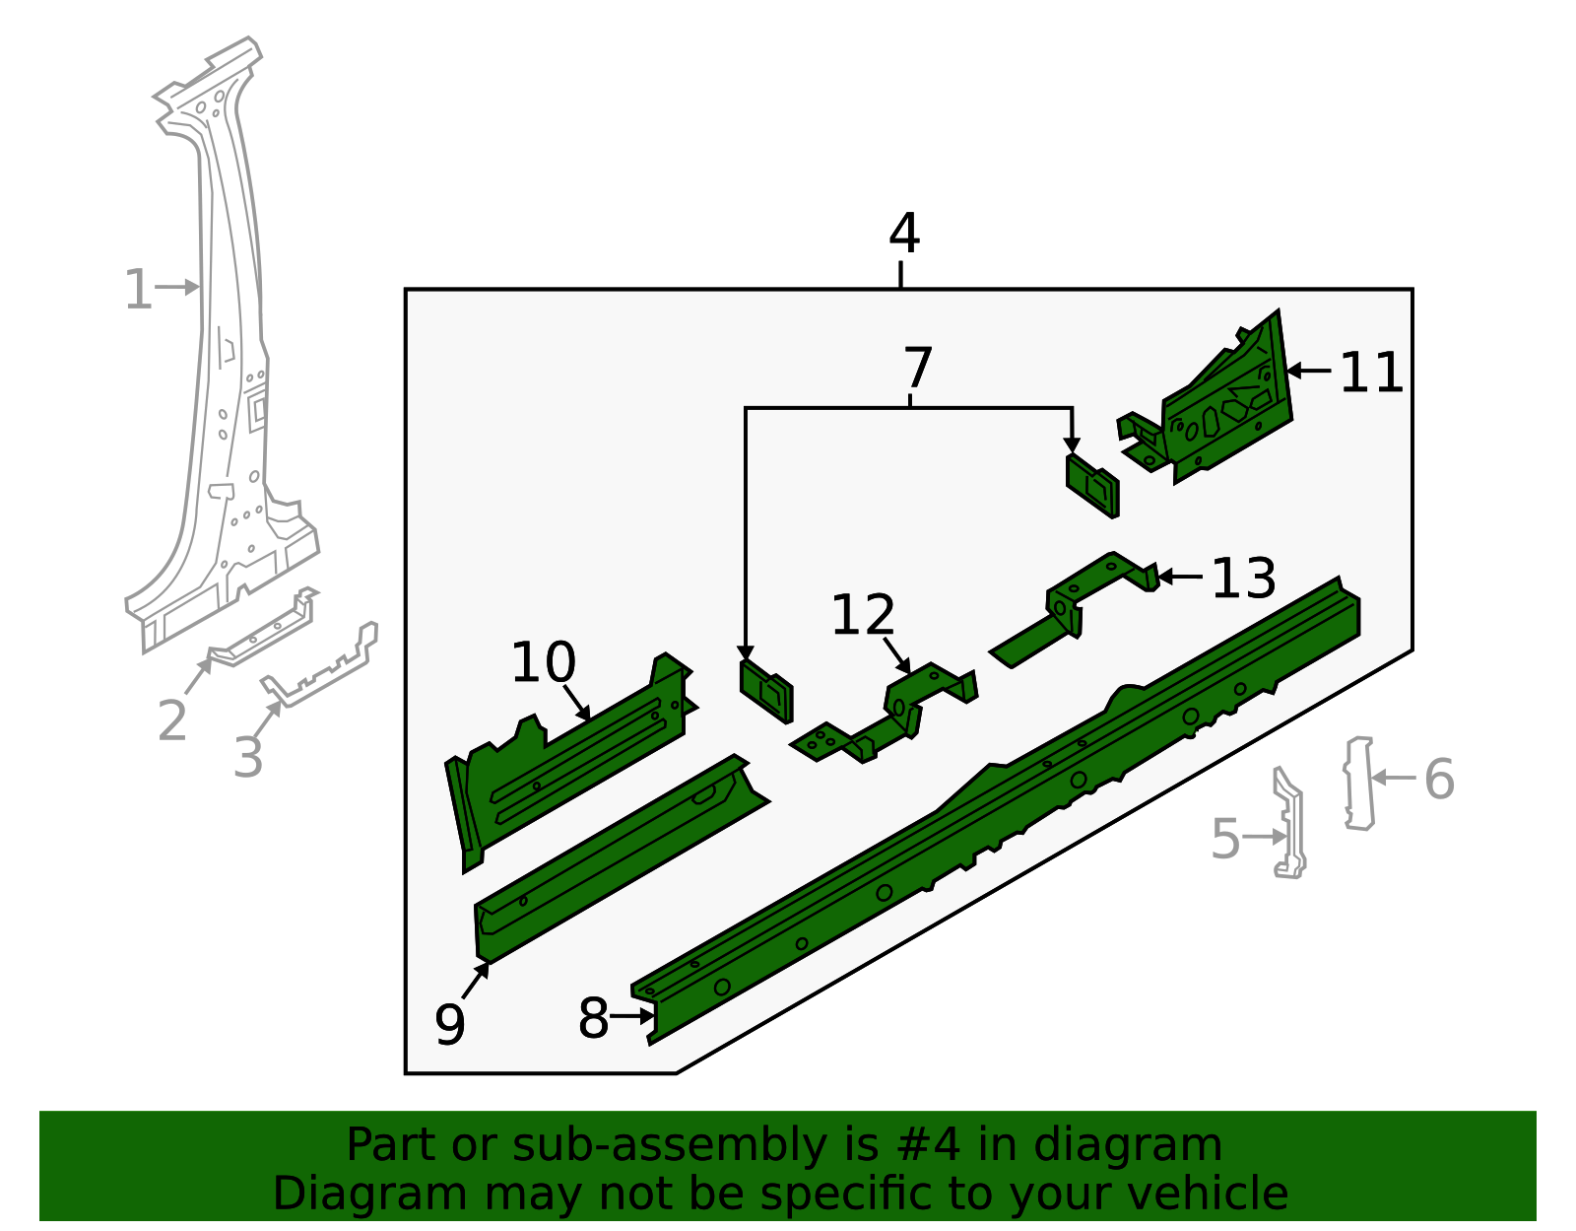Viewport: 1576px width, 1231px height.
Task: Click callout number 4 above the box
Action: [x=903, y=235]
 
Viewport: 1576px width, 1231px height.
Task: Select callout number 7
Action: [x=917, y=369]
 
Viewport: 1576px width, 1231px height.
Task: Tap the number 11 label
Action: [x=1371, y=374]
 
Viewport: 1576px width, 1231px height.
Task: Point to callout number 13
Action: [x=1243, y=579]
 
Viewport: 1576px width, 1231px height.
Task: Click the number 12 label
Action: [x=863, y=615]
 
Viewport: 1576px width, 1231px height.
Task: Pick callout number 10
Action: [x=543, y=662]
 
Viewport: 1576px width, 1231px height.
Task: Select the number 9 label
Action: [x=449, y=1024]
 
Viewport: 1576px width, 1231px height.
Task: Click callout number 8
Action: [x=593, y=1018]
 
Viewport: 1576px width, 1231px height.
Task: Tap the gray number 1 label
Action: [x=138, y=291]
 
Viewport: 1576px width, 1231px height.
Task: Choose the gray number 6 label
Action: [x=1439, y=780]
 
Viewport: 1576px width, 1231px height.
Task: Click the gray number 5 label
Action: [x=1224, y=839]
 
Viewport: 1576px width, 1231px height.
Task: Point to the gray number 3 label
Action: [x=248, y=757]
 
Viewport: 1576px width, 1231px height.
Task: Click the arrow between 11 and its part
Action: [x=1308, y=371]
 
